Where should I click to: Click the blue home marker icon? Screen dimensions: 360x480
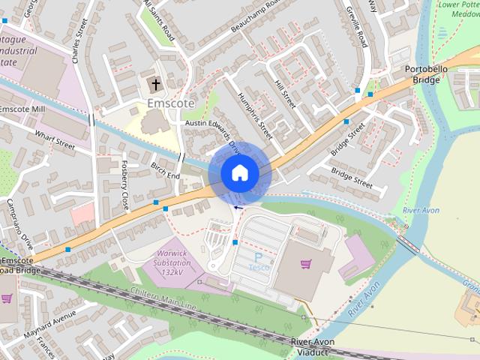coord(239,173)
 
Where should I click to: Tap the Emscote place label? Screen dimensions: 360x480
coord(170,103)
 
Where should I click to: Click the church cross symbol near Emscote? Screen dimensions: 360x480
coord(157,84)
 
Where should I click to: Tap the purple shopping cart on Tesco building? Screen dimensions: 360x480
coord(305,264)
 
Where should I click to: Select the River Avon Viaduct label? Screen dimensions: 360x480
coord(312,347)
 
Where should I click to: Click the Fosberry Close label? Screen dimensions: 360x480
coord(125,184)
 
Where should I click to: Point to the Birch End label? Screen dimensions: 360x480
coord(166,170)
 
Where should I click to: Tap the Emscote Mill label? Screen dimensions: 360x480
coord(22,109)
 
